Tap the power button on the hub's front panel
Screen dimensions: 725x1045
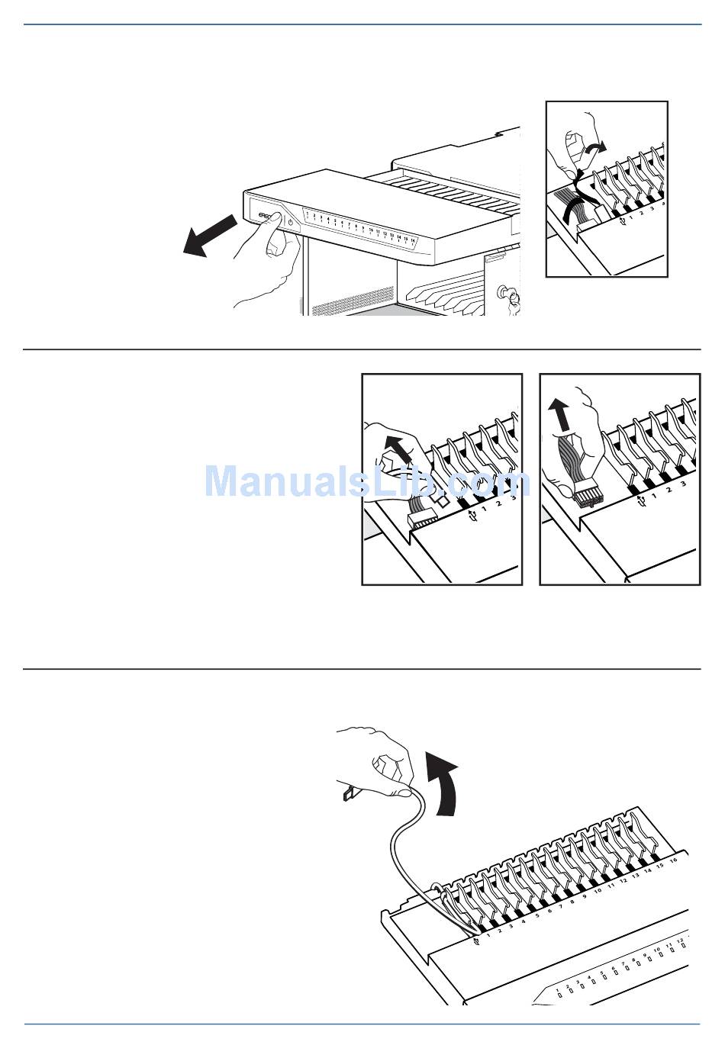pyautogui.click(x=291, y=222)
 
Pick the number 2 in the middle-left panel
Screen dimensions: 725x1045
pyautogui.click(x=498, y=503)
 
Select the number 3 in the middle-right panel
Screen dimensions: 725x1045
pyautogui.click(x=683, y=483)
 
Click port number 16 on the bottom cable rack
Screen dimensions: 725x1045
pyautogui.click(x=672, y=861)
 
